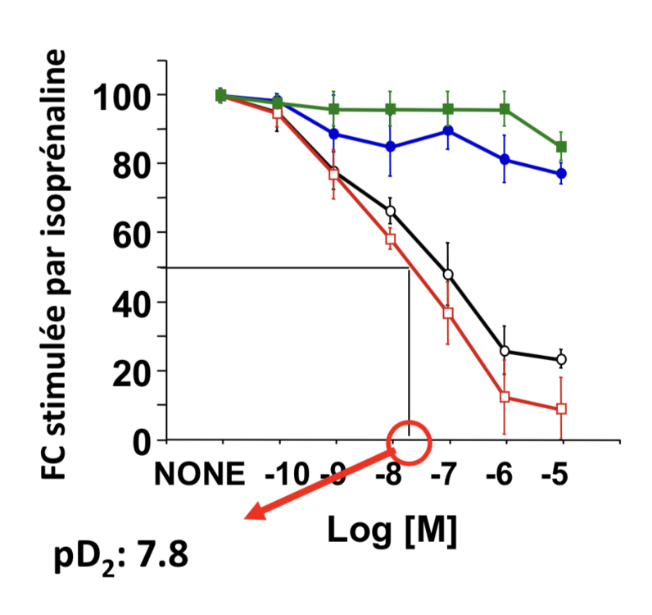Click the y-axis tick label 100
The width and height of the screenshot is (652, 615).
pos(120,96)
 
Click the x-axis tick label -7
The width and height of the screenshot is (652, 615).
pos(447,475)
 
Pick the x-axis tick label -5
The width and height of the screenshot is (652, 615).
pos(560,475)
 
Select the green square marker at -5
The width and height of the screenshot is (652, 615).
pos(561,148)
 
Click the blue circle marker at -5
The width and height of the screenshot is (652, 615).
pos(561,174)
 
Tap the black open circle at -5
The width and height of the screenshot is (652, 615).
pos(561,359)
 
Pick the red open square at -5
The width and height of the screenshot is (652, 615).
pos(561,408)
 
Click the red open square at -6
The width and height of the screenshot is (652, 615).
pos(505,397)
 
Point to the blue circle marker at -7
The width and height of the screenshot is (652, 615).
pos(448,131)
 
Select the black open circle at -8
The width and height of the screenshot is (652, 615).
pos(391,211)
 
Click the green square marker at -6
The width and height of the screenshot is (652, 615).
pos(505,110)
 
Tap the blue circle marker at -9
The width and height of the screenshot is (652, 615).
pos(333,134)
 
